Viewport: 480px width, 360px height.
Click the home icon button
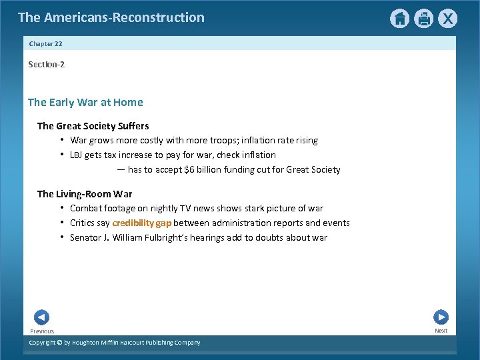[399, 19]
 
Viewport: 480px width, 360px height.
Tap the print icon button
[424, 19]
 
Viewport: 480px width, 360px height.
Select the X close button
[449, 19]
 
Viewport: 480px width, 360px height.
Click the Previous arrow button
[41, 318]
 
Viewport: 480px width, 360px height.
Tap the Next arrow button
[441, 317]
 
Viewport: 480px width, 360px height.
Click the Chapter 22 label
[45, 44]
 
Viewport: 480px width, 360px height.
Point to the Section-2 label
[46, 65]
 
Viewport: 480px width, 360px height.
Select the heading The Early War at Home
[85, 102]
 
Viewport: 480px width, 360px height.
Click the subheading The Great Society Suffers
[93, 126]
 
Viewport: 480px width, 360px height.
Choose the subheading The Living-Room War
[85, 194]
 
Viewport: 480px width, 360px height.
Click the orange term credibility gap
[141, 223]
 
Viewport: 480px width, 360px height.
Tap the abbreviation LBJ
[77, 155]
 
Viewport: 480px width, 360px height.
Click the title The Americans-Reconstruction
[111, 17]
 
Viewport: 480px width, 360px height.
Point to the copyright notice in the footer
[114, 343]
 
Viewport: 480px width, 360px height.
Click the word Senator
[86, 238]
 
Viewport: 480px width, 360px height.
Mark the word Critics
[83, 223]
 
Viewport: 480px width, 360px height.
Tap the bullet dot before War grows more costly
[61, 140]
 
